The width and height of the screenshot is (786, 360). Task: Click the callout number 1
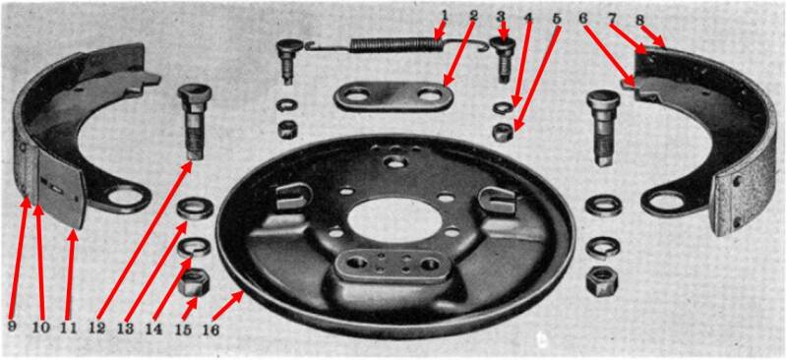[x=445, y=16]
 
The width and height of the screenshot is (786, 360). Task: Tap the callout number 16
[x=211, y=330]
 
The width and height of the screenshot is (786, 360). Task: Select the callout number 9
[x=12, y=327]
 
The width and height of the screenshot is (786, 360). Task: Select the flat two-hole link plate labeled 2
[x=394, y=95]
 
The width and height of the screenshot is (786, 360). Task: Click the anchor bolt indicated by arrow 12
[x=195, y=121]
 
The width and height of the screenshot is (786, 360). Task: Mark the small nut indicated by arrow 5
[x=504, y=133]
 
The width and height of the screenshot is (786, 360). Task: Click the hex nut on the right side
[x=602, y=281]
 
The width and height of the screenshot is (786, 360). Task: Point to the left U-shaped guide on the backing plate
[x=294, y=197]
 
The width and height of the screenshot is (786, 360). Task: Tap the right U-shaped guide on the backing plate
[x=497, y=200]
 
